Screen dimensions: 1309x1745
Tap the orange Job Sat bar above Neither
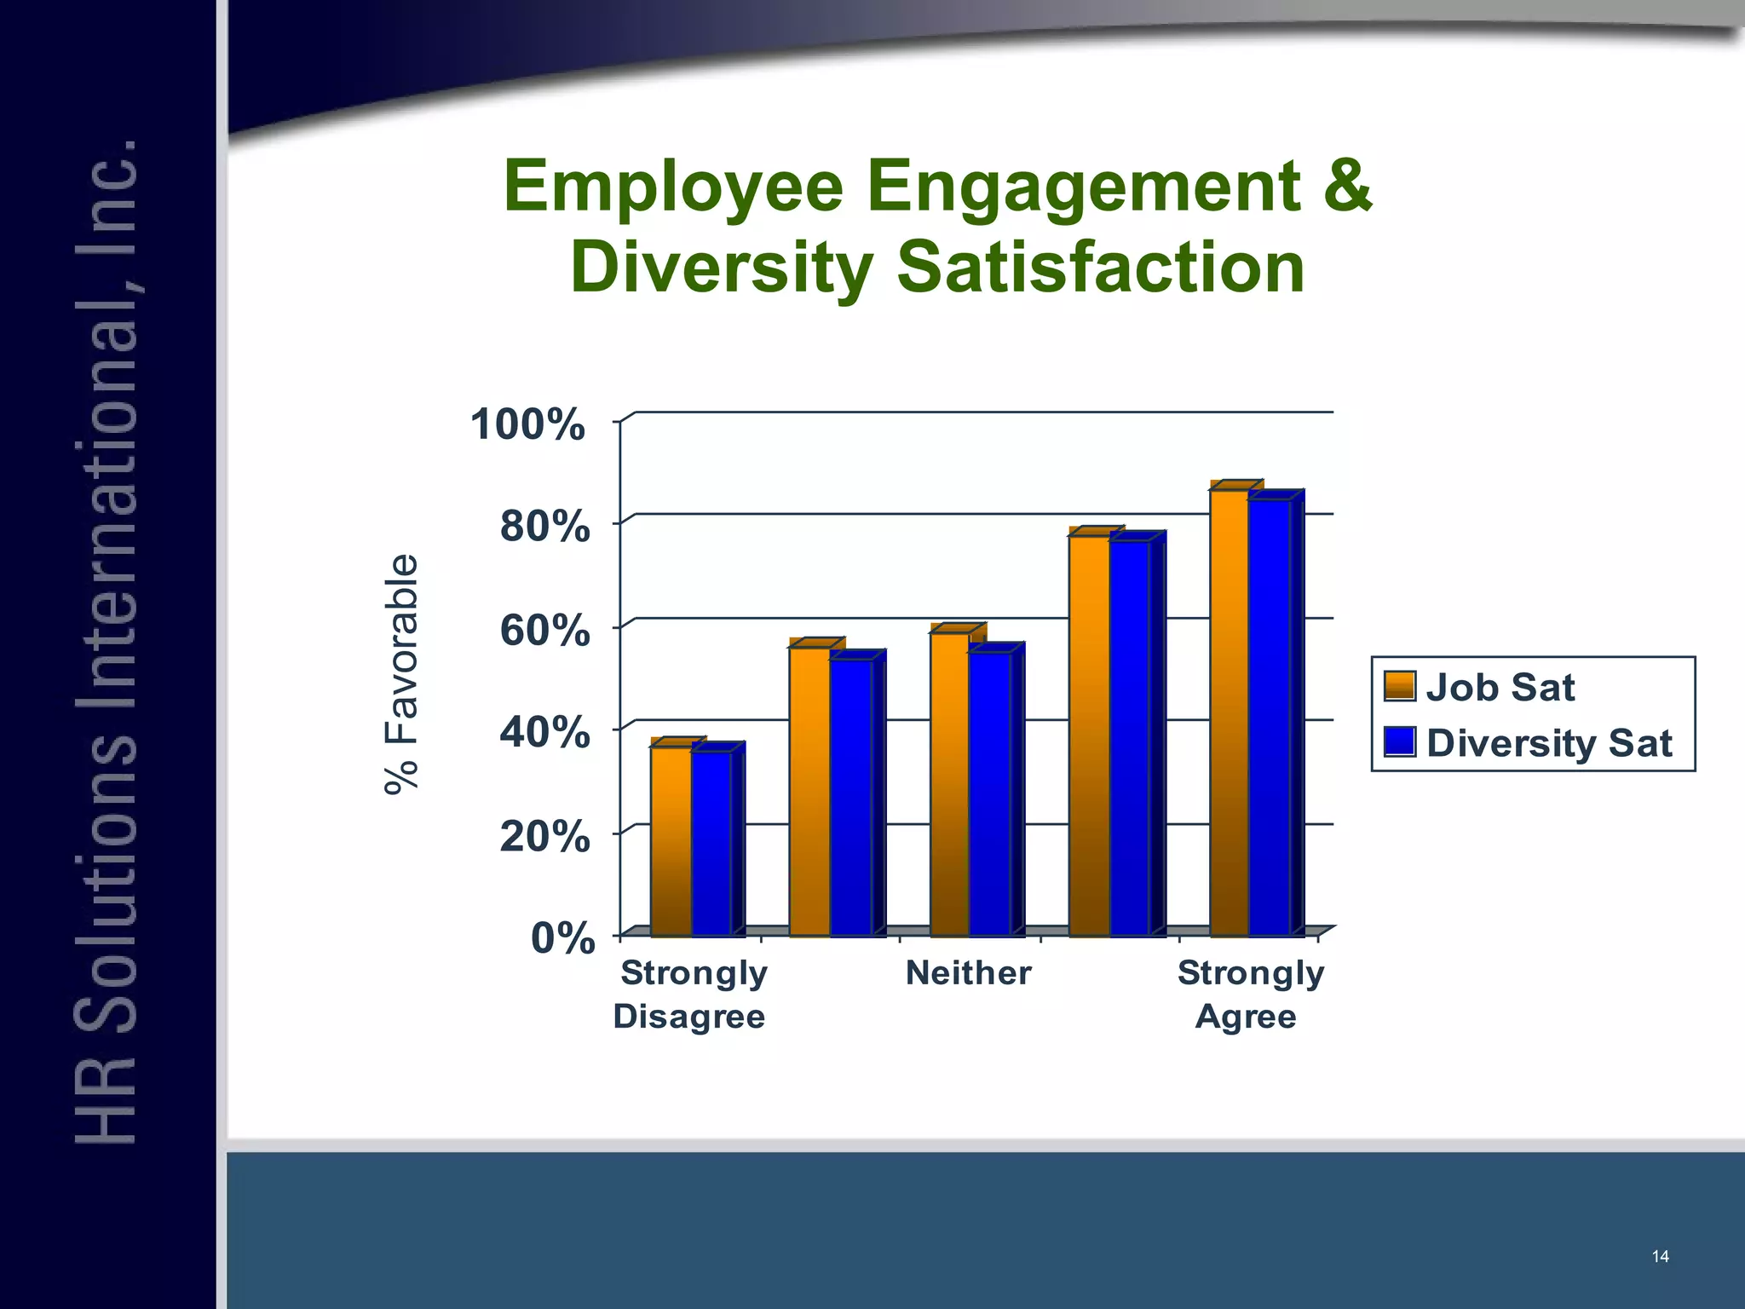[x=950, y=784]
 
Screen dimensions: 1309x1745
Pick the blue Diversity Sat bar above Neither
[x=990, y=793]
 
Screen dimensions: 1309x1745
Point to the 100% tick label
[x=528, y=424]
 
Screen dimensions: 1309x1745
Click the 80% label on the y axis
[x=544, y=527]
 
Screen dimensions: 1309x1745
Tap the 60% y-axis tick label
[x=544, y=631]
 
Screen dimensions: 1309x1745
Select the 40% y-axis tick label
[x=544, y=733]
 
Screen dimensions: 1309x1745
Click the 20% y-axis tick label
[x=544, y=837]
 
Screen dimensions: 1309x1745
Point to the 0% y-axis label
[x=562, y=939]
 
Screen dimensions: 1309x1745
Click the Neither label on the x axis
[x=968, y=972]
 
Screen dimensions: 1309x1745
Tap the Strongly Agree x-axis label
[x=1249, y=994]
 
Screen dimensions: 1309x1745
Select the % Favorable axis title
[x=401, y=673]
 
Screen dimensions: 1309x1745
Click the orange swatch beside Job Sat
[x=1400, y=686]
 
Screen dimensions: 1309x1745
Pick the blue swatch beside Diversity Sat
[x=1400, y=741]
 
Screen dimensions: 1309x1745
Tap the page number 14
[x=1660, y=1256]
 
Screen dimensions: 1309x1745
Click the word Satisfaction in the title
[x=1100, y=268]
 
